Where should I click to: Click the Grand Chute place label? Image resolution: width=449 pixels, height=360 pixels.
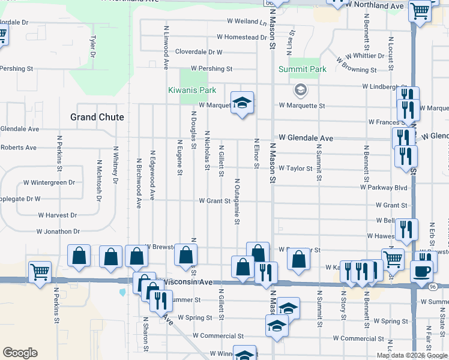coord(97,117)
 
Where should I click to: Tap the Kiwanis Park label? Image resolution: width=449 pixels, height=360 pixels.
coord(191,91)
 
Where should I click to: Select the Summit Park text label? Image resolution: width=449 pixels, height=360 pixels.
coord(303,69)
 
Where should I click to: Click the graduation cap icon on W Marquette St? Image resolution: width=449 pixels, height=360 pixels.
coord(243,103)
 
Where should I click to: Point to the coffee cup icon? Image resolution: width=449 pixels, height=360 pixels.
coord(421,271)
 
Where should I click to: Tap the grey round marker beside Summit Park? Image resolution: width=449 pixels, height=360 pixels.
coord(300,91)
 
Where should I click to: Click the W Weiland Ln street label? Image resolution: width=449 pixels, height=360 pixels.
coord(246,22)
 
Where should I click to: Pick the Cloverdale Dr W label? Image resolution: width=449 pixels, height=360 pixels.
coord(199,52)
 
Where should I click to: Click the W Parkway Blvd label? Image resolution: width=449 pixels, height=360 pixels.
coord(384,188)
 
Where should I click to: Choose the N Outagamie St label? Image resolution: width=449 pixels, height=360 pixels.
coord(237,202)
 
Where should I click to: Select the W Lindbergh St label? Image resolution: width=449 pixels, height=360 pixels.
coord(385,87)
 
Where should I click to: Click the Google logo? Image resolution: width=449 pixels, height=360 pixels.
coord(20,353)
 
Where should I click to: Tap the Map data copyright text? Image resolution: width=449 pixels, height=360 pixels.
coord(411,355)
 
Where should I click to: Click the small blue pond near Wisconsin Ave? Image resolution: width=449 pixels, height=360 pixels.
coord(123,293)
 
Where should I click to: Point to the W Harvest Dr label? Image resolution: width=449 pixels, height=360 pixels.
coord(59,214)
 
